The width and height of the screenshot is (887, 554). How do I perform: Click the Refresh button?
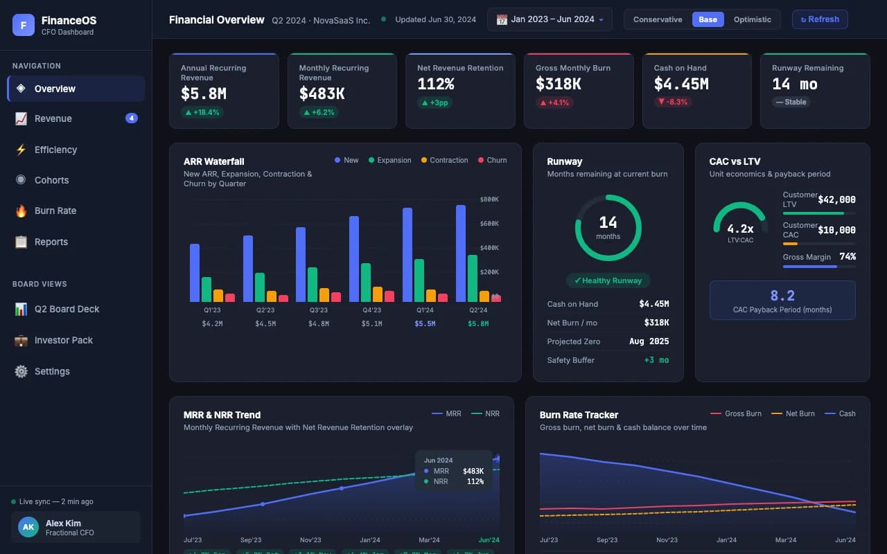(x=819, y=19)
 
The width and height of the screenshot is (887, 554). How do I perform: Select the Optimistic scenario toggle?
(x=752, y=19)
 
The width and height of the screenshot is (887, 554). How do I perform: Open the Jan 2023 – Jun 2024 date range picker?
(x=550, y=19)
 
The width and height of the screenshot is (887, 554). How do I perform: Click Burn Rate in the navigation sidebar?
(x=55, y=211)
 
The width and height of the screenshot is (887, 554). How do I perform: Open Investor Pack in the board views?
(x=63, y=340)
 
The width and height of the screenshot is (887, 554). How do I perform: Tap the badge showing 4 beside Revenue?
(x=132, y=118)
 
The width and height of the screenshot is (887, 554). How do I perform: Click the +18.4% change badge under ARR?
(x=202, y=112)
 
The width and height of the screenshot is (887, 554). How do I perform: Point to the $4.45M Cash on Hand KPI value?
(x=680, y=84)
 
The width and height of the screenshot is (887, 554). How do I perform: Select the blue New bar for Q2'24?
(x=461, y=253)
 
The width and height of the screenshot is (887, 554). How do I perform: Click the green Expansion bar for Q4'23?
(x=366, y=283)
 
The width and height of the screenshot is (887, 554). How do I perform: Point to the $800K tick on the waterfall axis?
(x=489, y=199)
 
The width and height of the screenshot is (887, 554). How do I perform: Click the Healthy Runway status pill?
(x=608, y=280)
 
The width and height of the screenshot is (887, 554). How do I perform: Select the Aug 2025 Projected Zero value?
(x=649, y=341)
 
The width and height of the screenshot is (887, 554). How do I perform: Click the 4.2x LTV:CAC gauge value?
(x=740, y=229)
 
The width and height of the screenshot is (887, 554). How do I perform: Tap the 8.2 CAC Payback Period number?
(x=782, y=296)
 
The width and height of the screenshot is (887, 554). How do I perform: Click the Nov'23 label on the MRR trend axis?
(x=310, y=540)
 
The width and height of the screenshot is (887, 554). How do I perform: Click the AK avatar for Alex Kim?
(x=28, y=527)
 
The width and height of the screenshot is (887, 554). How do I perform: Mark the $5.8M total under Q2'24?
(x=477, y=323)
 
